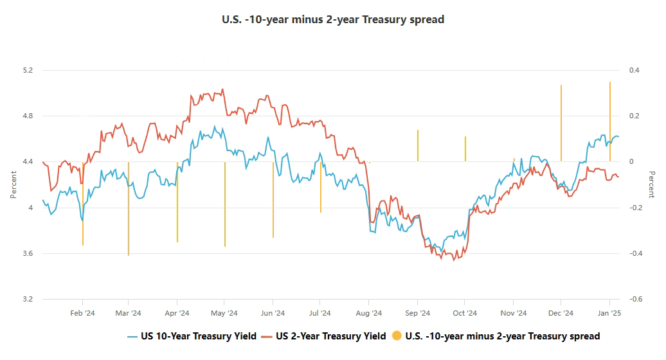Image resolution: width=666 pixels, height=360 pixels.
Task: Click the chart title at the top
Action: (x=333, y=19)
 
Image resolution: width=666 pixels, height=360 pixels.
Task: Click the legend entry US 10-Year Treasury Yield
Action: (x=199, y=336)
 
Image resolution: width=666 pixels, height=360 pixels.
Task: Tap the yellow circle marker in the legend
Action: (x=397, y=336)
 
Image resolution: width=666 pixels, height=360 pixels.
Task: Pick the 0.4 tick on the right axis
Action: (x=633, y=70)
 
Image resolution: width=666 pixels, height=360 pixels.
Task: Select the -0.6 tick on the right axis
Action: (x=634, y=300)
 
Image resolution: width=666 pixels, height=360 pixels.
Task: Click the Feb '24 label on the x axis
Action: (x=82, y=313)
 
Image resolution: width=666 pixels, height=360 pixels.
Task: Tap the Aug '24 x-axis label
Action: (x=369, y=313)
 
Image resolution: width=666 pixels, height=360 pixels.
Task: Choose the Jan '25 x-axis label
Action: (x=609, y=313)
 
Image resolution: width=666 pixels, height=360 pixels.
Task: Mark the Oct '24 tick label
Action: (x=465, y=313)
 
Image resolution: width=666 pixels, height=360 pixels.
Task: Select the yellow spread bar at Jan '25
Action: (x=610, y=122)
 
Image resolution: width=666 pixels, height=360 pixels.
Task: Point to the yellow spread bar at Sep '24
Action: (x=418, y=146)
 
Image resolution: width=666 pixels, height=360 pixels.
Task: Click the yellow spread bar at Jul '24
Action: (x=321, y=187)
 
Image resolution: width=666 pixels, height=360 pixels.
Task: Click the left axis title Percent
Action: (x=14, y=184)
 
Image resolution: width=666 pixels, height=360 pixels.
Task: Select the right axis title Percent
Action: (x=651, y=184)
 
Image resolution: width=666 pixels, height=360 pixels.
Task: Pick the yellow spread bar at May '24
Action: (x=225, y=204)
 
